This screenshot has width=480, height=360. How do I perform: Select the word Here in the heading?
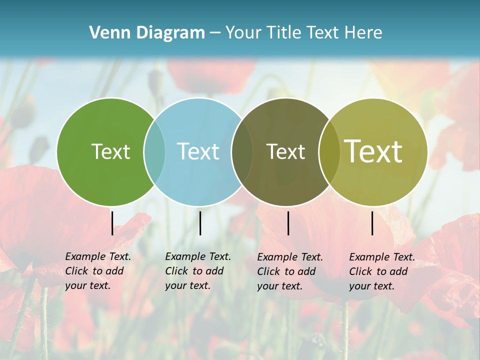click(363, 33)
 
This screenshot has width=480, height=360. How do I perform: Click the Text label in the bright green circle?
click(110, 151)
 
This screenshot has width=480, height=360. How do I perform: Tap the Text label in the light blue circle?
click(198, 151)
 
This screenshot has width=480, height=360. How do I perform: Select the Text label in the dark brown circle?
click(285, 151)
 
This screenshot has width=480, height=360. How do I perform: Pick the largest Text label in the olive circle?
click(373, 151)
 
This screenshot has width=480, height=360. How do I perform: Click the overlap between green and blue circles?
click(154, 151)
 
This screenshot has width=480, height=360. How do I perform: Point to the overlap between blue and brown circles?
click(242, 151)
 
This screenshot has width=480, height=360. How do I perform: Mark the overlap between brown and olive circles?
click(329, 151)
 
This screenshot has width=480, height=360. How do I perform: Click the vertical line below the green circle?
click(112, 223)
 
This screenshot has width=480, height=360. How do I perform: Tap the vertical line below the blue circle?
click(200, 223)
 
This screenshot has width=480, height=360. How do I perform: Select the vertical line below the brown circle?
click(288, 223)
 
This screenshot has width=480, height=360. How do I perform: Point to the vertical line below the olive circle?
click(372, 223)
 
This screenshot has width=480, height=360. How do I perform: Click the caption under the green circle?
click(98, 271)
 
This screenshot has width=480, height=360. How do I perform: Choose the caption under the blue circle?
click(198, 271)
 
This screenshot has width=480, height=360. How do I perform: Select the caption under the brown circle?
click(290, 271)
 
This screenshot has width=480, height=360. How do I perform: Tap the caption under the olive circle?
click(382, 271)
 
